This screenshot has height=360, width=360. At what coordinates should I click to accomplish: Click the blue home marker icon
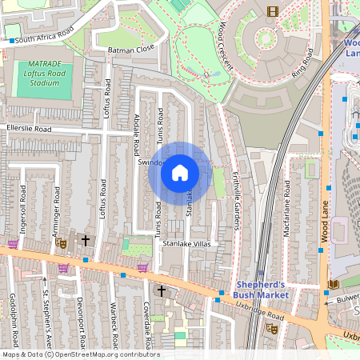coord(180,173)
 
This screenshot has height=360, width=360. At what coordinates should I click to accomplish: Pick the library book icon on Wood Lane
coord(334,284)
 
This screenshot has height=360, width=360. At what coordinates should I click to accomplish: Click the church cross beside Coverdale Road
coord(162,290)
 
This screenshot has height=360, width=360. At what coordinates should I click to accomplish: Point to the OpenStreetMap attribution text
coord(81,354)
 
